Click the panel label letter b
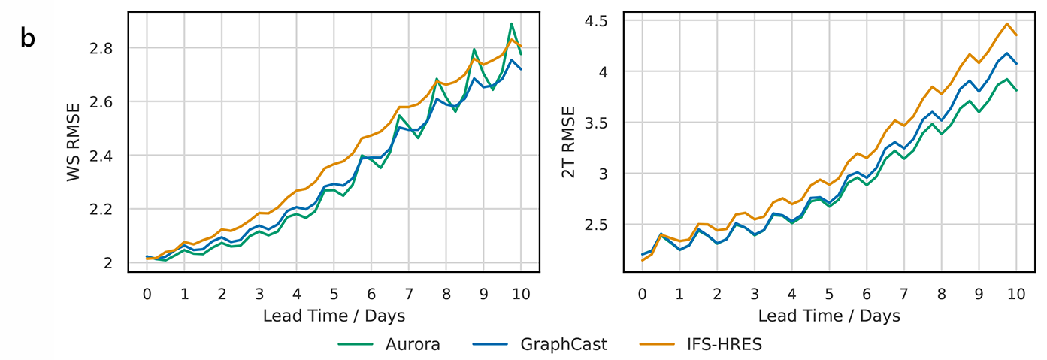[28, 39]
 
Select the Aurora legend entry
[413, 345]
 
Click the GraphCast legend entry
[563, 345]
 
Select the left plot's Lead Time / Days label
[334, 316]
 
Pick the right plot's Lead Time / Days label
[828, 316]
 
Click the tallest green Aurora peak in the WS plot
[512, 24]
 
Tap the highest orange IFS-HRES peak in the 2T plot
[1007, 23]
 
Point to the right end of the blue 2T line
[1016, 63]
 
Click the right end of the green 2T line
[1016, 90]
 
